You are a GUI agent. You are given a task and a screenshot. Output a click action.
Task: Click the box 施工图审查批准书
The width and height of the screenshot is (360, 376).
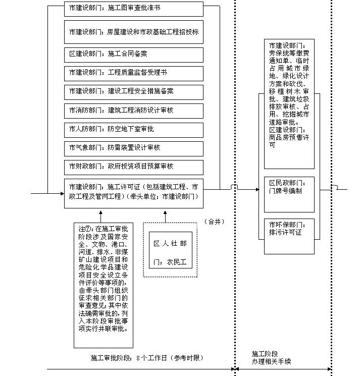tap(133, 9)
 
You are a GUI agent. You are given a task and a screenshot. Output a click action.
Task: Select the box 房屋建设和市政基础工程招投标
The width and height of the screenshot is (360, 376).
tap(133, 32)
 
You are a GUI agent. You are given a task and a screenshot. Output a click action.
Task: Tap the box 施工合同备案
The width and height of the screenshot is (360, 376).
tap(133, 54)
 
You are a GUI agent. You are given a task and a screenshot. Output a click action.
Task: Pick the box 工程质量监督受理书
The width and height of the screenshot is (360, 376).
tap(133, 73)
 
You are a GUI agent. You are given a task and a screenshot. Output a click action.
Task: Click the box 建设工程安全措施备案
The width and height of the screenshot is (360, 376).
tap(133, 91)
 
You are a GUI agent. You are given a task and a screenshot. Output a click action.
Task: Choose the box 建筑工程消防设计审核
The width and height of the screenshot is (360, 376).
tap(133, 110)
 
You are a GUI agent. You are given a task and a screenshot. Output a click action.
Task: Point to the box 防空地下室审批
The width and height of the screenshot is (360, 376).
tap(133, 129)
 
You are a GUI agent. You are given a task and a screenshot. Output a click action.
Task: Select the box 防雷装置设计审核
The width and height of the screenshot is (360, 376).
tap(133, 147)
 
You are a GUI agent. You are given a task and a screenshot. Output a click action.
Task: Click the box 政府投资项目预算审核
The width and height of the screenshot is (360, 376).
tap(133, 166)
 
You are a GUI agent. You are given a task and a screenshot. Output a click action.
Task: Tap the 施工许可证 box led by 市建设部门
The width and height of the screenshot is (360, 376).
tap(133, 192)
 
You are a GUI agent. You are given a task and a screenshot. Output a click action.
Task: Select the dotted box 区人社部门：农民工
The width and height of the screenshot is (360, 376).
tap(170, 250)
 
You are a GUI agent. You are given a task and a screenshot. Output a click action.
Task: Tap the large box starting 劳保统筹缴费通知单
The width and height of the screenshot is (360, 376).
tap(289, 104)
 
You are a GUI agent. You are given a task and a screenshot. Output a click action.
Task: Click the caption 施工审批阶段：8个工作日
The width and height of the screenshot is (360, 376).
tap(146, 358)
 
